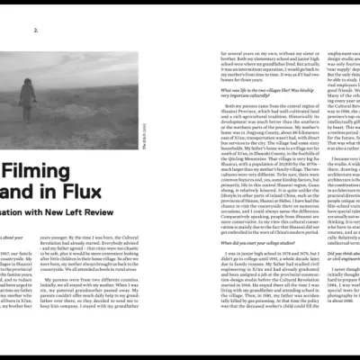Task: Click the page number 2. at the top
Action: pos(36,30)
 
